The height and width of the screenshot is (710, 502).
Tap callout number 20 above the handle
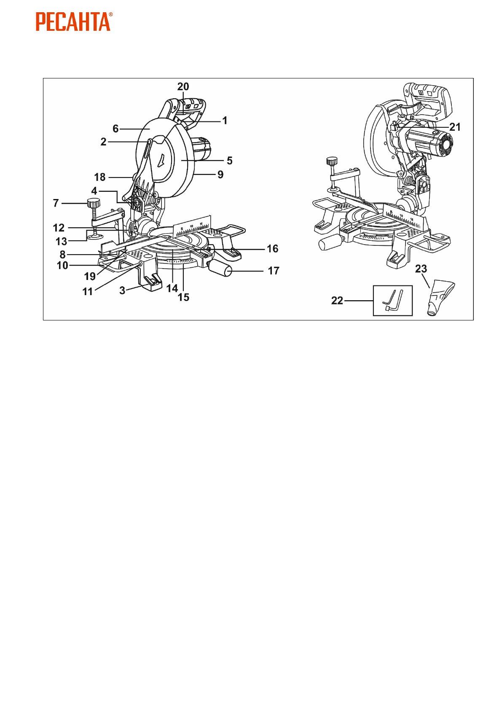pos(183,86)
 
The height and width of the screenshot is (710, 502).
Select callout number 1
pos(225,121)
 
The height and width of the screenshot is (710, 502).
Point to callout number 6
pos(115,129)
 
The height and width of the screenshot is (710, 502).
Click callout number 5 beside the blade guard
pos(229,161)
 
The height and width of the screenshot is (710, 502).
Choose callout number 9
pos(220,175)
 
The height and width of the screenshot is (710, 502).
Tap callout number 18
pos(99,177)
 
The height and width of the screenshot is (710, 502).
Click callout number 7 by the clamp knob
pos(56,203)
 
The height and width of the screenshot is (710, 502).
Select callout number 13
pos(62,241)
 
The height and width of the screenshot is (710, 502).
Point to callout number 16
pos(272,249)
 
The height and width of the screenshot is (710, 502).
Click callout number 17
pos(274,271)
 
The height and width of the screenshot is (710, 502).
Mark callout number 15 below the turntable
pos(183,297)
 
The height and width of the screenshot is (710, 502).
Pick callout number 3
pos(122,290)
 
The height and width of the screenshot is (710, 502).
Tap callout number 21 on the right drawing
pos(455,127)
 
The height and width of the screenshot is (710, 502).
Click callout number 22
pos(337,301)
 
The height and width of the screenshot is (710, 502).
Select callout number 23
pos(421,269)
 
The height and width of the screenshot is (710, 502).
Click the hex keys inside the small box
pos(393,300)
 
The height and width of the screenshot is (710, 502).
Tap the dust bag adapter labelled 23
pos(440,297)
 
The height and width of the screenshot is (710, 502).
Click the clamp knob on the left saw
pos(94,203)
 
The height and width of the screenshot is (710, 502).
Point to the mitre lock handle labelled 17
pos(222,268)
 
